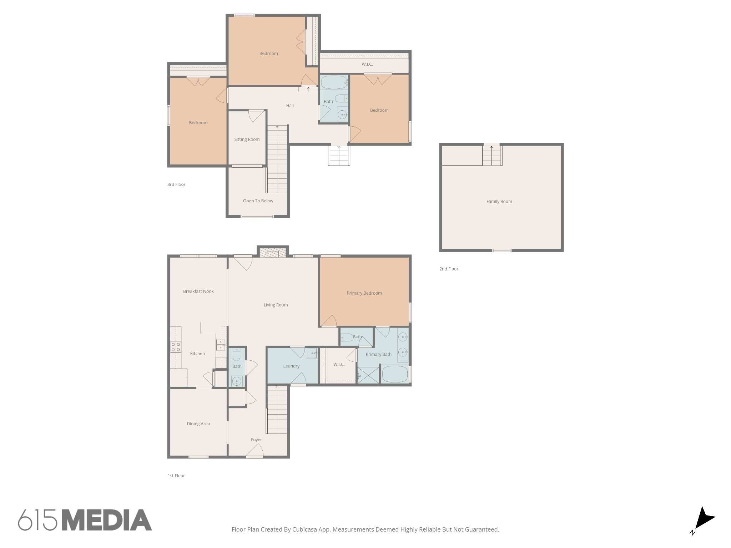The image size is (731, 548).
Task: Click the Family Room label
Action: point(499,202)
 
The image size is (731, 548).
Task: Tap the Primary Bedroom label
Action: point(364,293)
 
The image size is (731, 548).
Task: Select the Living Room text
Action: point(276,305)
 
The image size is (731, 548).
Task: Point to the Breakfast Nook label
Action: point(198,291)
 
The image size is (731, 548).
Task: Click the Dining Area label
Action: point(198,424)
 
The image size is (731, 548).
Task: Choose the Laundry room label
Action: point(291,366)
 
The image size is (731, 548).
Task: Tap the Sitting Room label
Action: point(247,139)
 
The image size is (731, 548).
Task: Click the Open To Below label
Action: point(258,201)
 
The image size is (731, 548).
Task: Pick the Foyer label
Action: point(256,440)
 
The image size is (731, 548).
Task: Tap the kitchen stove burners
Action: point(176,347)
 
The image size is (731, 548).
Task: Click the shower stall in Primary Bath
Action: point(368,375)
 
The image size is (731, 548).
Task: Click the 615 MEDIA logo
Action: point(85,520)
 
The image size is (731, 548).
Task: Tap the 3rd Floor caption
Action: point(176,184)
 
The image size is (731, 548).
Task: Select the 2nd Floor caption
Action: point(449,269)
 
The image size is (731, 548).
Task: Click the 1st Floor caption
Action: point(176,476)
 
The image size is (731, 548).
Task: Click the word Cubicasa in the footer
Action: point(305,529)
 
